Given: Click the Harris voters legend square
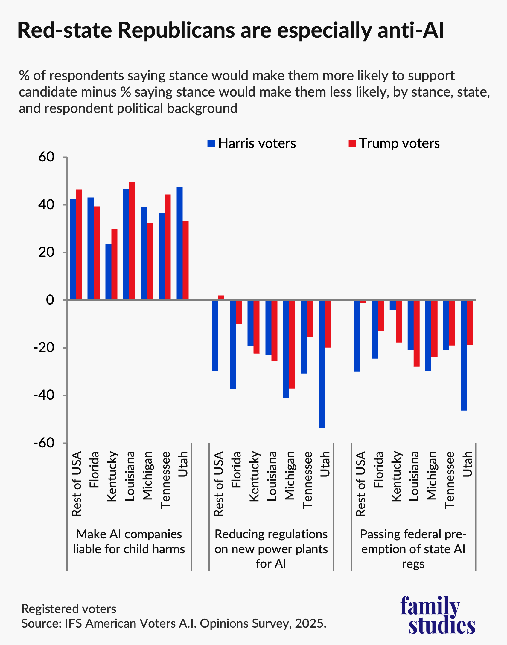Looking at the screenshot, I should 211,143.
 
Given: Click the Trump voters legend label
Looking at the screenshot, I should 399,143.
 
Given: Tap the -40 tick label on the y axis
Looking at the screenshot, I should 44,395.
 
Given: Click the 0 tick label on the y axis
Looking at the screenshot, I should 50,300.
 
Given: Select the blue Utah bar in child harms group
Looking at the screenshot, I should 179,243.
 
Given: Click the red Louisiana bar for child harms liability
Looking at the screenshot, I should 132,241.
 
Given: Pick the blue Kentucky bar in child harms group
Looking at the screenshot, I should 108,272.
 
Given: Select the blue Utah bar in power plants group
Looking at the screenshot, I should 322,364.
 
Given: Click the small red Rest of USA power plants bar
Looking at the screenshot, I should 221,298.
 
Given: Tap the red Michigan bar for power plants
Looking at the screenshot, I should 292,344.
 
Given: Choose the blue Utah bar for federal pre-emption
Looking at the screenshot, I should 464,355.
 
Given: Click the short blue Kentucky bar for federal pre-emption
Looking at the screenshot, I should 393,305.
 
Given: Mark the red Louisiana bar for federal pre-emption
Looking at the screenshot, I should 416,333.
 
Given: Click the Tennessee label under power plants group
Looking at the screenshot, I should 307,479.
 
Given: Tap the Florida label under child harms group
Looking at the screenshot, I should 94,470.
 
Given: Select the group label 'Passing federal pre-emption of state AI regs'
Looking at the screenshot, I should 413,549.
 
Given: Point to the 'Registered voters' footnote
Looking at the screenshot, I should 69,609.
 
